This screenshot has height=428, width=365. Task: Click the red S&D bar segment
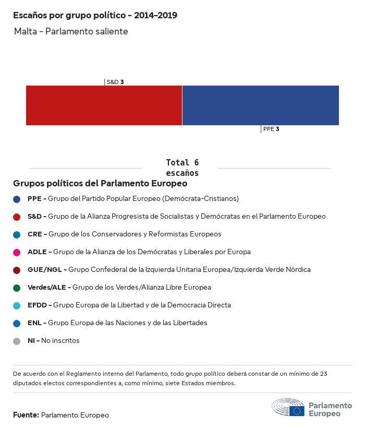point(104,105)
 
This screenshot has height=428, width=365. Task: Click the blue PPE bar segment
point(261,105)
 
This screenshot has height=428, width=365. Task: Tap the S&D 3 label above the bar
point(115,82)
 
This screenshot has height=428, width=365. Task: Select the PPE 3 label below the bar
point(271,129)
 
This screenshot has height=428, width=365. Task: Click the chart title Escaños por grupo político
point(95,16)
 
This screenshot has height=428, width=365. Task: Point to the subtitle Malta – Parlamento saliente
point(71,32)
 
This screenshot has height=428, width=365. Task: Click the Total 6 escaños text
point(182,168)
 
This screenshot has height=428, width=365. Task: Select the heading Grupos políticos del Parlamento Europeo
point(100,184)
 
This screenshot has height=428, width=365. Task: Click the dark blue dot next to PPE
point(17,199)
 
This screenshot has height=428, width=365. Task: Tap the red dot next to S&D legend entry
point(17,217)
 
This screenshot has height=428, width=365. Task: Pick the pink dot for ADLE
point(17,252)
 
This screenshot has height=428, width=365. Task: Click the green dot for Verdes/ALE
point(17,288)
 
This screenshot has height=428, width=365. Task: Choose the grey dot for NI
point(17,341)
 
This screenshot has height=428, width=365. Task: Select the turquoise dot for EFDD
point(17,305)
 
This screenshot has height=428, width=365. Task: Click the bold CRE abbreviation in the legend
point(34,234)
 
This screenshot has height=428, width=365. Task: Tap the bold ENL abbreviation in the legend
point(34,323)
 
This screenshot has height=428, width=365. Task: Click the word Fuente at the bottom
point(26,415)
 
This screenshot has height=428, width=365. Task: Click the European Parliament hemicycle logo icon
point(288,408)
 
